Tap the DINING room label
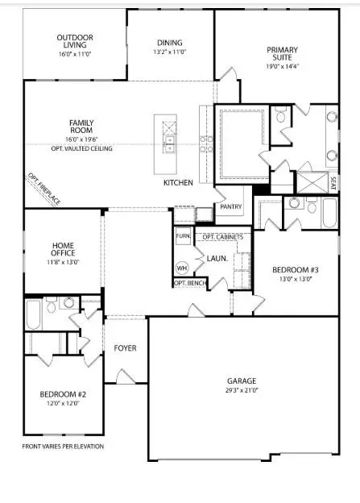(170, 43)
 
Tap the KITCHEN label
(178, 183)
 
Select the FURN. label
(183, 237)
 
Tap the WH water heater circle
(182, 268)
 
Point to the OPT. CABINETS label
(222, 237)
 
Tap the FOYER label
(125, 348)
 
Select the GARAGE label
(242, 380)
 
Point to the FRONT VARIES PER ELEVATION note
(63, 446)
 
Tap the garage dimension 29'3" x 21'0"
(242, 390)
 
